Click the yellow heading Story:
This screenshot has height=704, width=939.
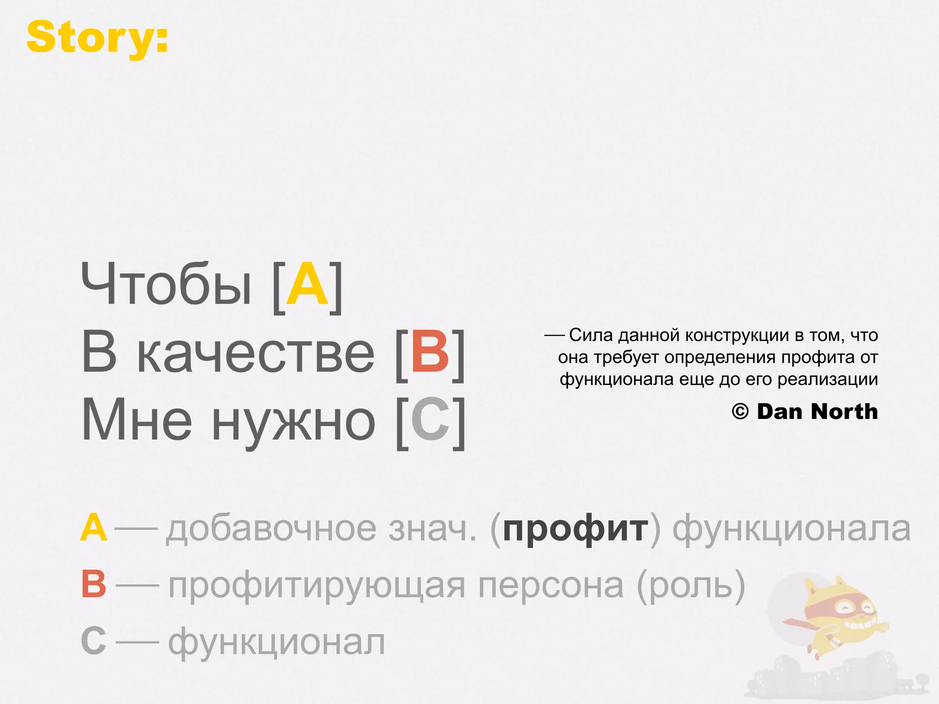pyautogui.click(x=97, y=38)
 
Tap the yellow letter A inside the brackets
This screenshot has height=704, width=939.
pyautogui.click(x=307, y=285)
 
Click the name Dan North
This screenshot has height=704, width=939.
pyautogui.click(x=817, y=412)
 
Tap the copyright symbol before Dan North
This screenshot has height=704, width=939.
pyautogui.click(x=740, y=412)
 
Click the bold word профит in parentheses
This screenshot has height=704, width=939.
pyautogui.click(x=575, y=529)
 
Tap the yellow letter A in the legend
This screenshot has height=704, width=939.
pyautogui.click(x=94, y=528)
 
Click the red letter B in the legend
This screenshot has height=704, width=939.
pyautogui.click(x=94, y=584)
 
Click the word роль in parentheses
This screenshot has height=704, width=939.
pyautogui.click(x=691, y=586)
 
